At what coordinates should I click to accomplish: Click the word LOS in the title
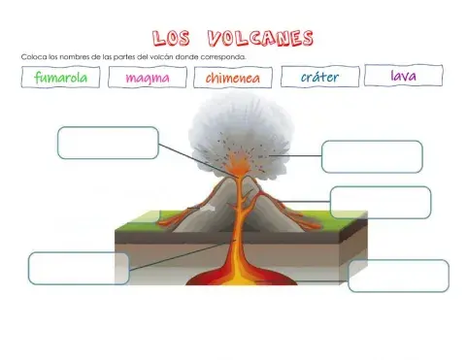pyautogui.click(x=175, y=38)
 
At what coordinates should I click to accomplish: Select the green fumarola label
pyautogui.click(x=60, y=78)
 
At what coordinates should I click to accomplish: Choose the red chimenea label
pyautogui.click(x=233, y=79)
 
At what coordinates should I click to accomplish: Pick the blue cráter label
pyautogui.click(x=319, y=77)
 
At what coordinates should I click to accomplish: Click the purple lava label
pyautogui.click(x=404, y=75)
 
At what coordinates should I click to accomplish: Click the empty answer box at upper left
pyautogui.click(x=108, y=143)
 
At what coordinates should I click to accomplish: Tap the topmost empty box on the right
pyautogui.click(x=372, y=156)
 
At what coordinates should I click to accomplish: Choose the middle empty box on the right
pyautogui.click(x=380, y=202)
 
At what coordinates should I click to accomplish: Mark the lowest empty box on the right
pyautogui.click(x=398, y=276)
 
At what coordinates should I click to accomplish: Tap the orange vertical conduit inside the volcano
pyautogui.click(x=242, y=223)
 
